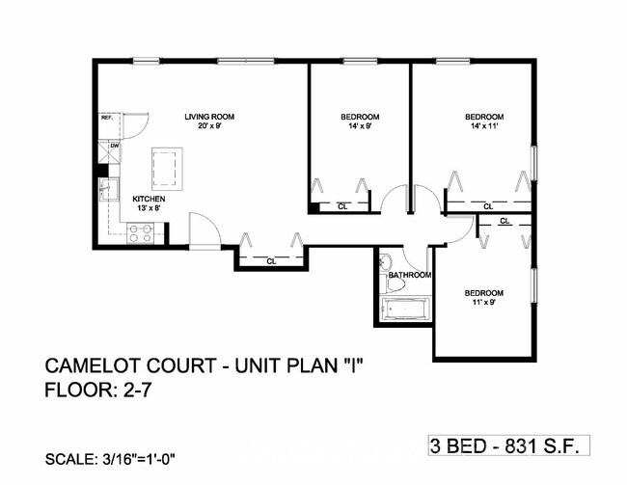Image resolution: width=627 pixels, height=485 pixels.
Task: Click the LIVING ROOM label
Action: coord(209,117)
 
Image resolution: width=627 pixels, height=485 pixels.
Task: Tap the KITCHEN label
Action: coord(149,200)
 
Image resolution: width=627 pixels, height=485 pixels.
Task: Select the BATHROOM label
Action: coord(409,275)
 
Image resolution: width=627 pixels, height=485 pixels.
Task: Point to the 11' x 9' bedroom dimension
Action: coord(483,303)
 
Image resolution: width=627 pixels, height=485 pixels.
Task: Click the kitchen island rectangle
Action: coord(168,169)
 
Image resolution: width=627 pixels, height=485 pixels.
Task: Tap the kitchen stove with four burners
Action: coord(141,231)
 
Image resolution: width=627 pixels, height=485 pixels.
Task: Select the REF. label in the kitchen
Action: coord(107,118)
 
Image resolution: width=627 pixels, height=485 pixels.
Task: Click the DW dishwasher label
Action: coord(114,146)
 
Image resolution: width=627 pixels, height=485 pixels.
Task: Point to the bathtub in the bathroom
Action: coord(409,310)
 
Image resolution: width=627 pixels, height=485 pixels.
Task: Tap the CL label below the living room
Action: coord(271,259)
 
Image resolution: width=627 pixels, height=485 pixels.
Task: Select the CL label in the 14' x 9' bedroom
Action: coord(342,205)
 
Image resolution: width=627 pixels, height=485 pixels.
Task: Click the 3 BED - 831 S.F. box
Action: coord(508,445)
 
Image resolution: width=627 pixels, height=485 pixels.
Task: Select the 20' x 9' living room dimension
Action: coord(209,126)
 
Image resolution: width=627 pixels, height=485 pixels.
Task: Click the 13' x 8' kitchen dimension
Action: coord(149,209)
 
